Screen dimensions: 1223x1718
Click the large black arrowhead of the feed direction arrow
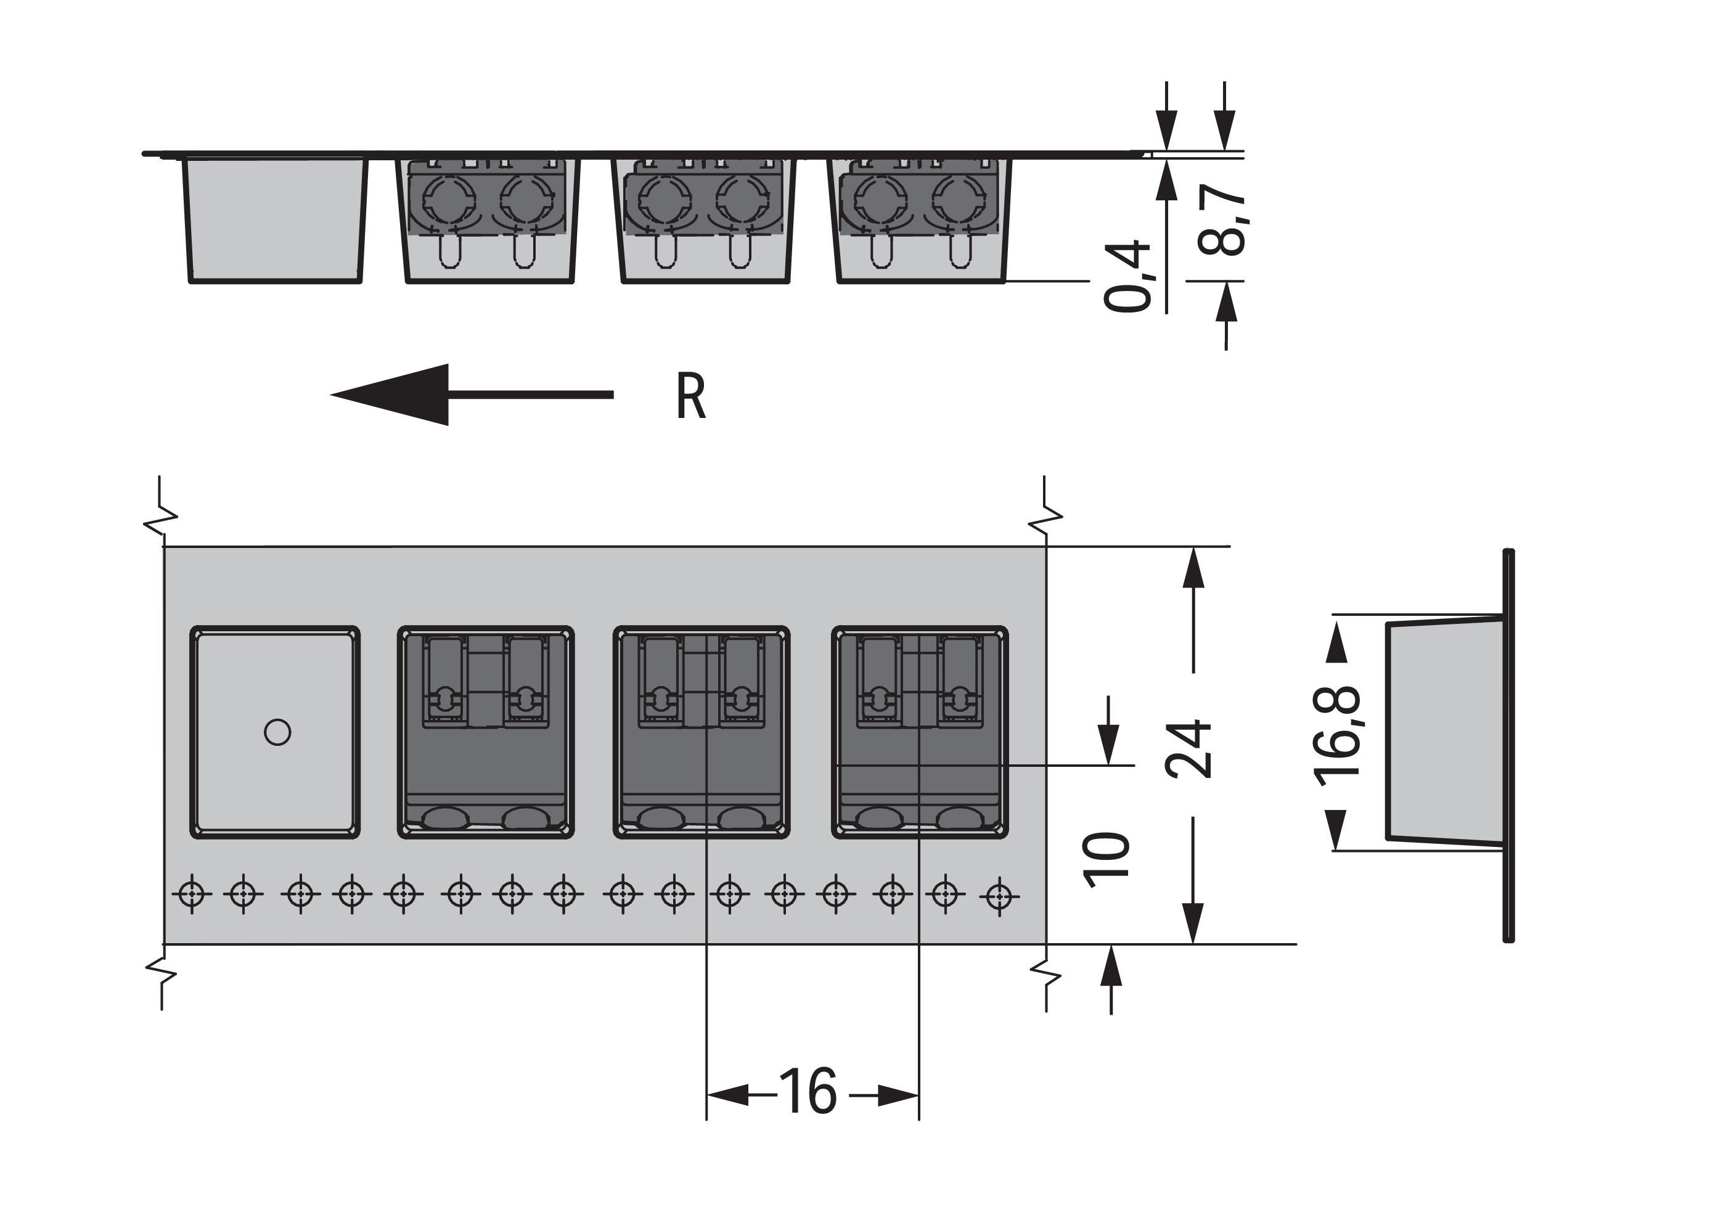399,395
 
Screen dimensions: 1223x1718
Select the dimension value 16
808,1091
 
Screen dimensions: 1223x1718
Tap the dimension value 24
1189,748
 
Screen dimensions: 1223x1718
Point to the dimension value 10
1106,860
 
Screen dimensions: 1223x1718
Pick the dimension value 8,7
1221,219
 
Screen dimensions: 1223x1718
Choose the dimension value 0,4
1127,276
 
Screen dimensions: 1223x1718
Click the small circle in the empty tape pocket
277,731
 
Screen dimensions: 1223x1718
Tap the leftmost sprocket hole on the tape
192,894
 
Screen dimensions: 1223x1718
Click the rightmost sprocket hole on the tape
999,896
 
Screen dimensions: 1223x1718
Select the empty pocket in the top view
275,731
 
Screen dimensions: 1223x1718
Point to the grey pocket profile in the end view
1442,731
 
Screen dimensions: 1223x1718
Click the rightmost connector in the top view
920,731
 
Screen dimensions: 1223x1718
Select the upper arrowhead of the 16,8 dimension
1336,642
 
